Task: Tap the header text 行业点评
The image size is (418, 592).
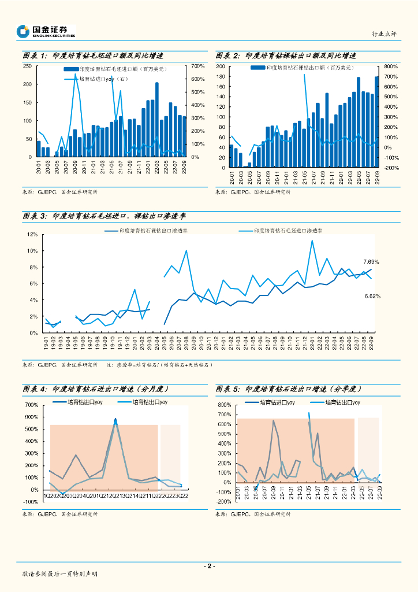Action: pyautogui.click(x=384, y=35)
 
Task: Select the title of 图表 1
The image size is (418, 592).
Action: pyautogui.click(x=92, y=56)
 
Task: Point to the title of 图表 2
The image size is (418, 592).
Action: pyautogui.click(x=285, y=56)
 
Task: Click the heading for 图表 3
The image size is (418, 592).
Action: pyautogui.click(x=111, y=216)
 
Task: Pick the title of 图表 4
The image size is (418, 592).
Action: pyautogui.click(x=93, y=389)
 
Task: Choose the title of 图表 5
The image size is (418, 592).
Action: pyautogui.click(x=286, y=389)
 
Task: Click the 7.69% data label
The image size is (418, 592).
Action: pyautogui.click(x=371, y=262)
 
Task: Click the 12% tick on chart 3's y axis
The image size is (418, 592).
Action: pyautogui.click(x=32, y=234)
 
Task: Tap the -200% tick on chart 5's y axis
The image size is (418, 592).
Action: pyautogui.click(x=223, y=502)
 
